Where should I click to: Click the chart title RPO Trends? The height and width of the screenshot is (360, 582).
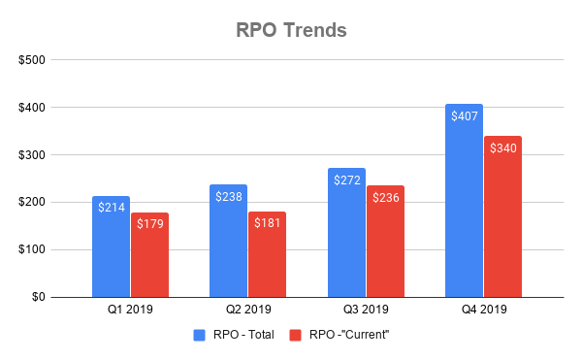click(x=291, y=29)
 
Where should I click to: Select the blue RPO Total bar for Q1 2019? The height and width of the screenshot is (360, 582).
click(x=111, y=252)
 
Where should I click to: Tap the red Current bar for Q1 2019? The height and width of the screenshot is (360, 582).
click(x=149, y=257)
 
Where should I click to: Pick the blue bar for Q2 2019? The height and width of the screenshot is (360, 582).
click(x=228, y=247)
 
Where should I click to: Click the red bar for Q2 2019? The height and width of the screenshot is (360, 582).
click(x=267, y=257)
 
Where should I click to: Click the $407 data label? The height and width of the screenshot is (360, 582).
click(x=464, y=115)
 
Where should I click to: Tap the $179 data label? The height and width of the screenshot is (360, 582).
click(x=149, y=224)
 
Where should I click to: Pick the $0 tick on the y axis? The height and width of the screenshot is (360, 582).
click(x=36, y=297)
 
